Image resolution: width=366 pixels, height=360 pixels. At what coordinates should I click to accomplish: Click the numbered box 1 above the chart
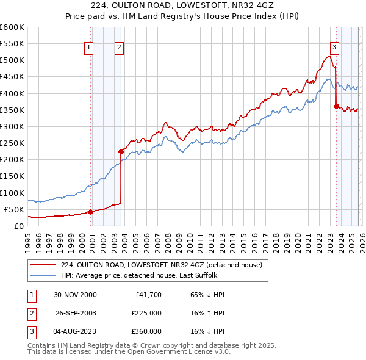pyautogui.click(x=88, y=47)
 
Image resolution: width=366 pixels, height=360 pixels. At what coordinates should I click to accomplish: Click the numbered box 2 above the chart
pyautogui.click(x=119, y=47)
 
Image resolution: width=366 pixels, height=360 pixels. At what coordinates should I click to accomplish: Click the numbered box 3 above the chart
pyautogui.click(x=335, y=47)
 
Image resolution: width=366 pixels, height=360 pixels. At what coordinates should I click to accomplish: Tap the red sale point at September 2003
pyautogui.click(x=121, y=151)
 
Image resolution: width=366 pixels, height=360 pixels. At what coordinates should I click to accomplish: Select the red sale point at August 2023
pyautogui.click(x=336, y=106)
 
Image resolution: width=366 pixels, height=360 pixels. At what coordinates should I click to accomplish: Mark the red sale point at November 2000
pyautogui.click(x=90, y=212)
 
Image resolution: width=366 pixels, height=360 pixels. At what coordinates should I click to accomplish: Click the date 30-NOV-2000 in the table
pyautogui.click(x=75, y=295)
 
